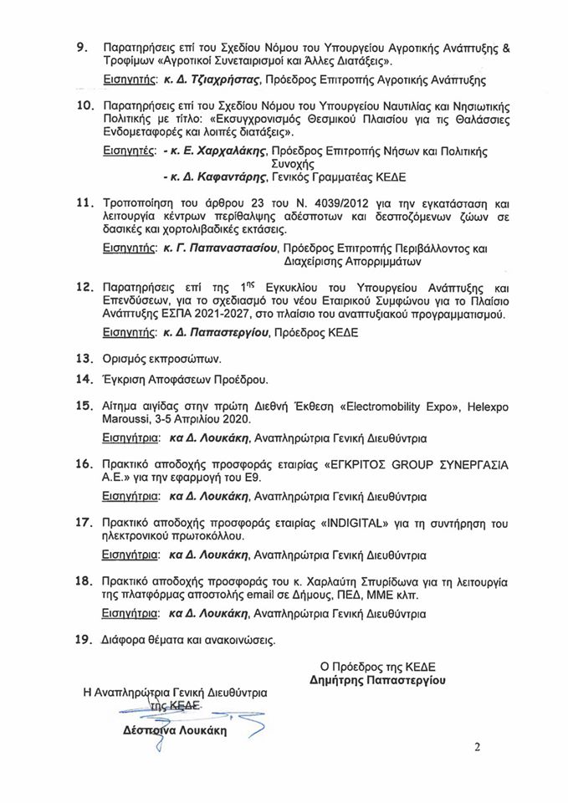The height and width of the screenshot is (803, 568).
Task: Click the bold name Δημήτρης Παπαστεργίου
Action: pos(377,681)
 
